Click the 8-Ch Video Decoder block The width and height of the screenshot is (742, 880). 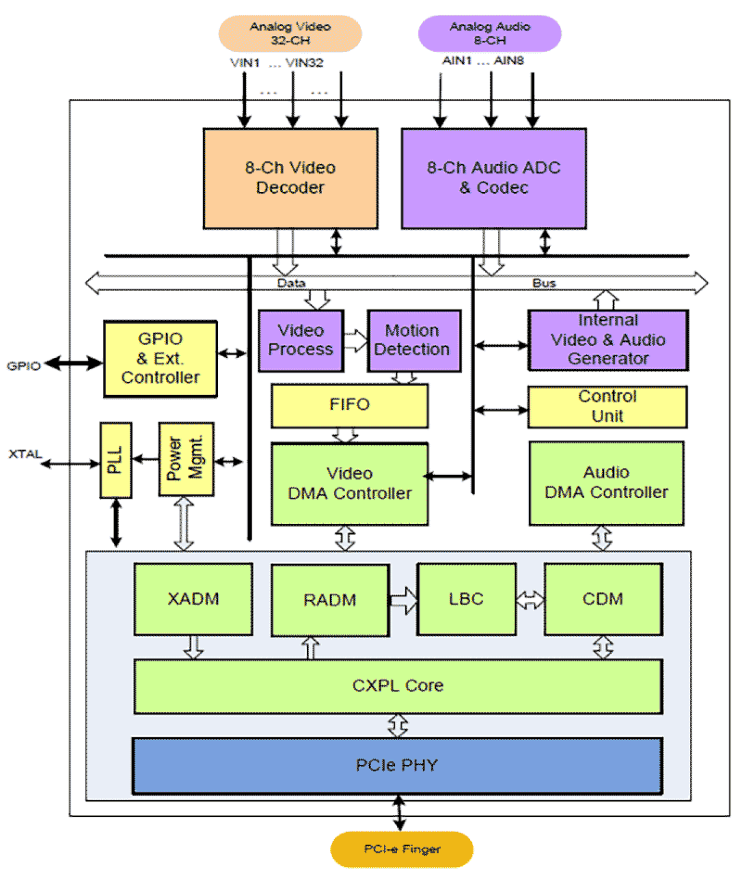[290, 178]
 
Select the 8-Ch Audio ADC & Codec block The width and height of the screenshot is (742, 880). [493, 178]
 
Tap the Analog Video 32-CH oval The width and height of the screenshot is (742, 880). [290, 34]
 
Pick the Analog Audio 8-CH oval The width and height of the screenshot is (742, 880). [489, 34]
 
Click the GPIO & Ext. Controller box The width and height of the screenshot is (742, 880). [160, 358]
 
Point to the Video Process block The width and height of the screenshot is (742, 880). [301, 341]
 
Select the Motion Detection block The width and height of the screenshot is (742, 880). [414, 341]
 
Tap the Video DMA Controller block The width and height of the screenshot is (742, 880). [349, 484]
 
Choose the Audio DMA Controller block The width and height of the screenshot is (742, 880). [606, 483]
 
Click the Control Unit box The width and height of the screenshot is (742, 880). [607, 406]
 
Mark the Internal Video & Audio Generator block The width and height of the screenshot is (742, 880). [608, 340]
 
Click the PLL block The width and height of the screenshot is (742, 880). [116, 460]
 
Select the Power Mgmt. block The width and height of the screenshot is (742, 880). [186, 459]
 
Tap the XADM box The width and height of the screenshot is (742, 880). [193, 599]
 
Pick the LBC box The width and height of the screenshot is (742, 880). [466, 599]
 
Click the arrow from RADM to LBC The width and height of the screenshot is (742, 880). [403, 601]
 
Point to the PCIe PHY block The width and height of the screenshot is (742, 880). [397, 765]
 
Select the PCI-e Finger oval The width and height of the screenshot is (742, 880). [402, 849]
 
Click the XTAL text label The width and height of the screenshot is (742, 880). [25, 454]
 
